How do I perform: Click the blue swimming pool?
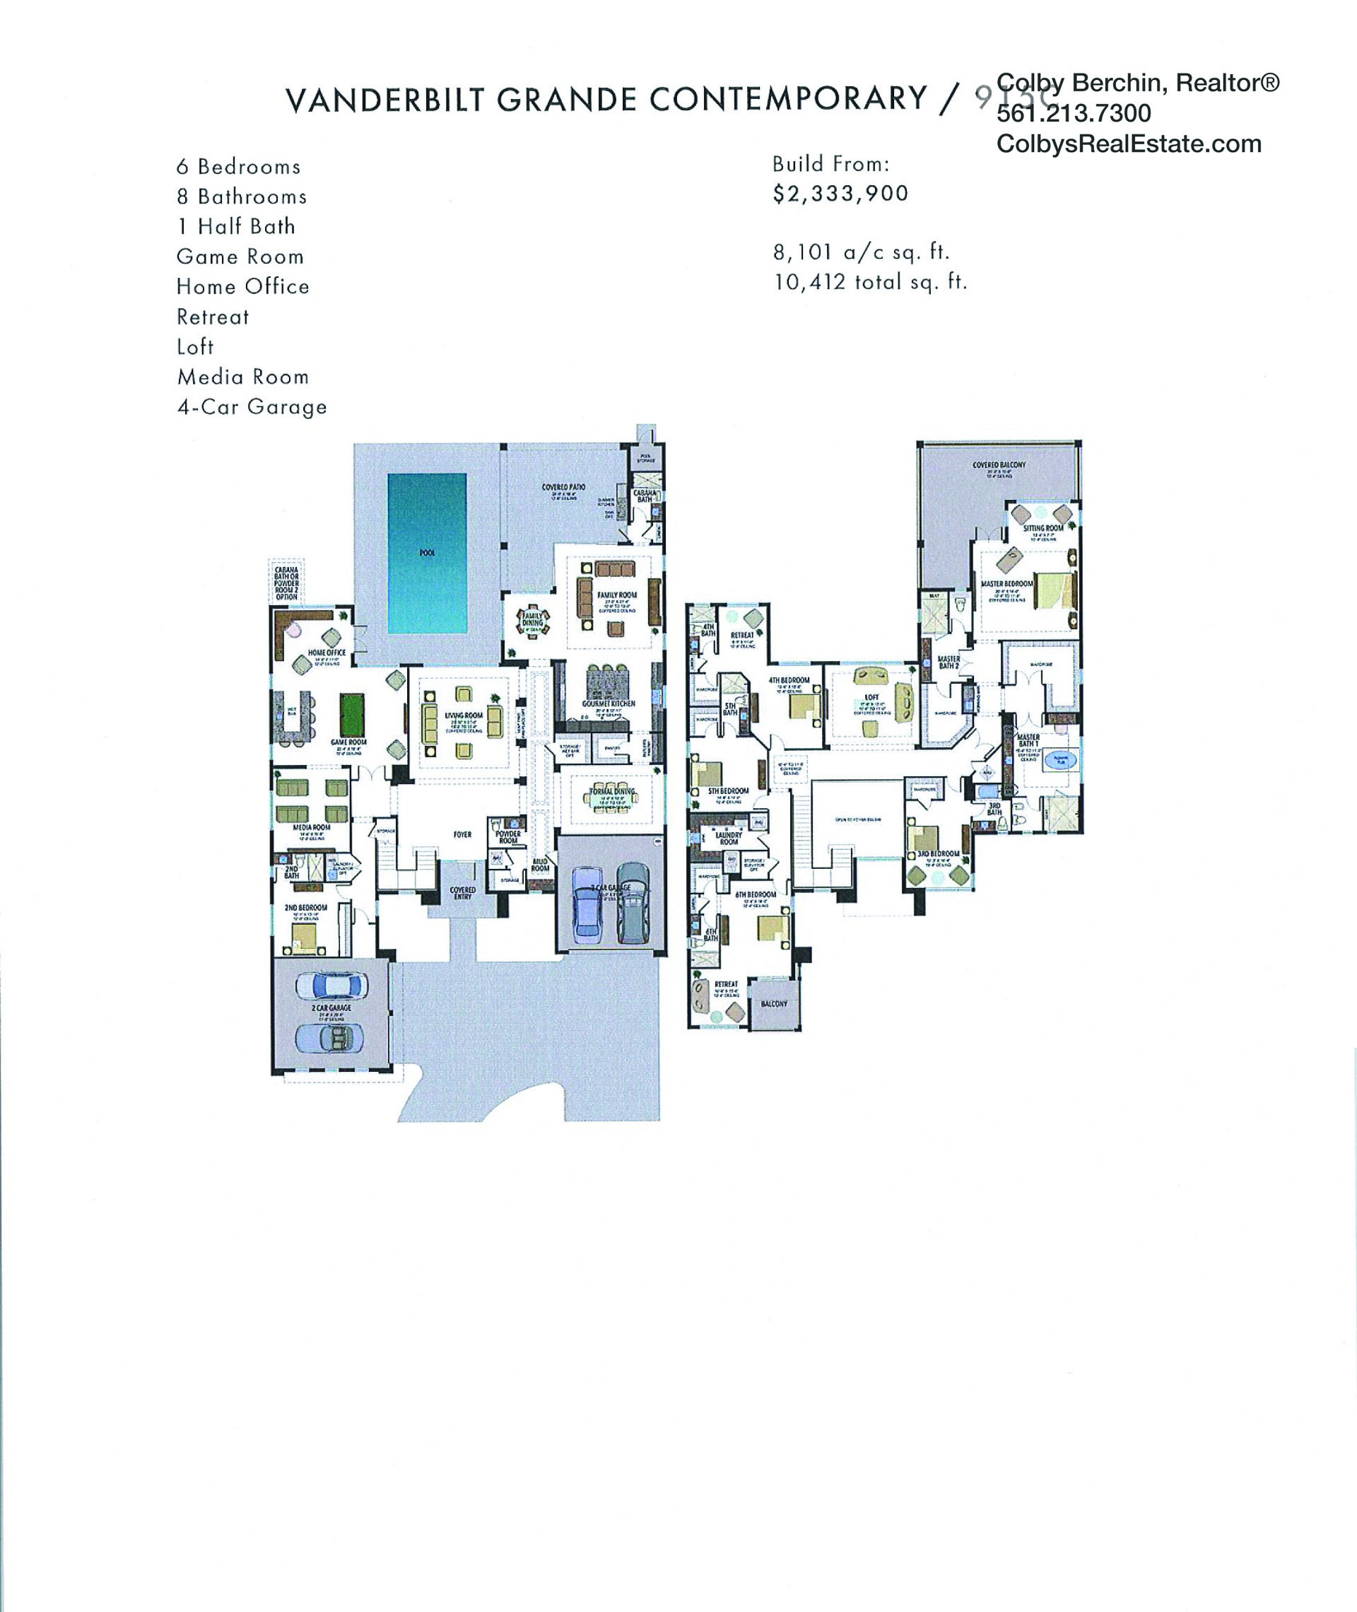(426, 552)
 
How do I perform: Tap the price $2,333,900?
(840, 193)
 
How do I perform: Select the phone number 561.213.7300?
(1073, 113)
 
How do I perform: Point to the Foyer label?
(462, 834)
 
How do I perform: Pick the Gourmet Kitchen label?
(609, 703)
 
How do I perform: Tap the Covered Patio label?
(563, 487)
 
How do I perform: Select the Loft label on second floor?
(871, 697)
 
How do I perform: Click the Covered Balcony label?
(999, 465)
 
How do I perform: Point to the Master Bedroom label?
(1006, 584)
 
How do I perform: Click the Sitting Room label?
(1043, 528)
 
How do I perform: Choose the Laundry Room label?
(729, 837)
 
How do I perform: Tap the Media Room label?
(312, 827)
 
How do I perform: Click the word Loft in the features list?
(195, 347)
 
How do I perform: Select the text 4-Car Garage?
(252, 407)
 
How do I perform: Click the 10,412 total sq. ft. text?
(869, 282)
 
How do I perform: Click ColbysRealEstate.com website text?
(1129, 144)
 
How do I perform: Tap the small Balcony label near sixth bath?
(774, 1003)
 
